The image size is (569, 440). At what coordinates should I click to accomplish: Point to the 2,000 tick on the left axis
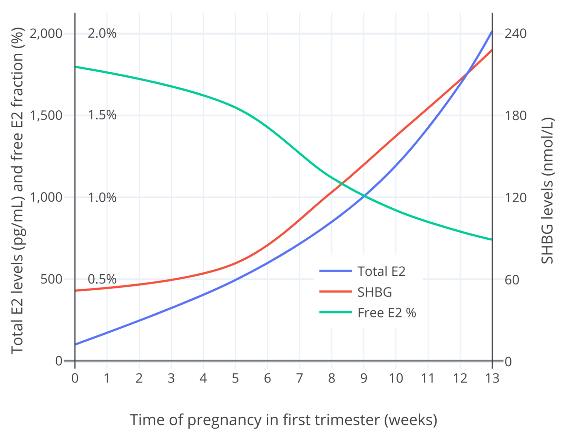[x=46, y=34]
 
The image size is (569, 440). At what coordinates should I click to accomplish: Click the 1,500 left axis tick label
[x=46, y=115]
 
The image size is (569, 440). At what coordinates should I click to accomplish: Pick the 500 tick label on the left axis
[x=51, y=279]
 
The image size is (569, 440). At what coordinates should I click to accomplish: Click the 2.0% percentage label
[x=102, y=34]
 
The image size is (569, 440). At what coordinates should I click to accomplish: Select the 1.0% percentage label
[x=102, y=198]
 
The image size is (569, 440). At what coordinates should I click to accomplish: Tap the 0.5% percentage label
[x=102, y=279]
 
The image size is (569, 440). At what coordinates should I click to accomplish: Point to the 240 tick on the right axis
[x=515, y=34]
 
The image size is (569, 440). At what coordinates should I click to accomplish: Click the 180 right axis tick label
[x=515, y=116]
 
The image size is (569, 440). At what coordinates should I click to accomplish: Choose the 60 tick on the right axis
[x=512, y=280]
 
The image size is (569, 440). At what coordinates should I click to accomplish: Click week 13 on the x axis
[x=492, y=378]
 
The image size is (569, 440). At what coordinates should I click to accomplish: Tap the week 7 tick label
[x=300, y=378]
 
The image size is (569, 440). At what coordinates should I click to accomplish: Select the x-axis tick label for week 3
[x=171, y=378]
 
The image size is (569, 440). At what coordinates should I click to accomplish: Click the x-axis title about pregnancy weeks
[x=283, y=420]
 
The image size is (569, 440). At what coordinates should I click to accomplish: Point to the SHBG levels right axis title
[x=548, y=190]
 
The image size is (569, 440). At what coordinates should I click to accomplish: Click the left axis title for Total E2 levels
[x=17, y=190]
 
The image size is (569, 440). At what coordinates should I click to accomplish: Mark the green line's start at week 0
[x=75, y=67]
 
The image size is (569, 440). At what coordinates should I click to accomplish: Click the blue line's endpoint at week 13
[x=492, y=32]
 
